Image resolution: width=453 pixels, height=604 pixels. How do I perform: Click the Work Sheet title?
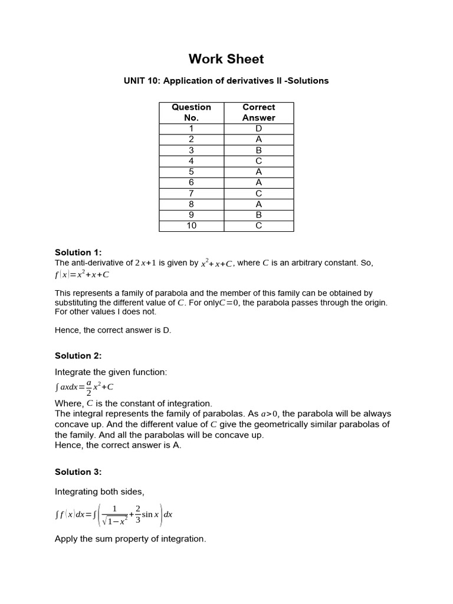pyautogui.click(x=226, y=59)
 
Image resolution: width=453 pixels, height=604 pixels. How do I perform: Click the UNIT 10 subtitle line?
pyautogui.click(x=226, y=81)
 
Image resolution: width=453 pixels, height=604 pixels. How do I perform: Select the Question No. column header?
pyautogui.click(x=191, y=112)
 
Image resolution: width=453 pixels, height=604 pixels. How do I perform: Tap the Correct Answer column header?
pyautogui.click(x=258, y=112)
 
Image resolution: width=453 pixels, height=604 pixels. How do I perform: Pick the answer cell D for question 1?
pyautogui.click(x=258, y=129)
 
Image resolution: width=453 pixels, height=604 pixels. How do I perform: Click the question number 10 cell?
pyautogui.click(x=191, y=226)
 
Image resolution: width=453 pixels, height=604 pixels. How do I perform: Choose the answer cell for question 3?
pyautogui.click(x=258, y=150)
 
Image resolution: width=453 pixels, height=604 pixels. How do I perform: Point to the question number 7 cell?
pyautogui.click(x=191, y=193)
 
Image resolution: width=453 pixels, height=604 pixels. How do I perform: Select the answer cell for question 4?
pyautogui.click(x=258, y=161)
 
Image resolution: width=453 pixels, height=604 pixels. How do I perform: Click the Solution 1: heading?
pyautogui.click(x=78, y=252)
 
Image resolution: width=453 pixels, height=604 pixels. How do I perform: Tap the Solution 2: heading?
pyautogui.click(x=78, y=356)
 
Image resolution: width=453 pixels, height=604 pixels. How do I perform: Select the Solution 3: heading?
pyautogui.click(x=78, y=472)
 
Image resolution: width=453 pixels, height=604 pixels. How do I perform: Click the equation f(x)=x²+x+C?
pyautogui.click(x=82, y=274)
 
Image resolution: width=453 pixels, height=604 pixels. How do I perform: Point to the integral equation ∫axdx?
pyautogui.click(x=84, y=387)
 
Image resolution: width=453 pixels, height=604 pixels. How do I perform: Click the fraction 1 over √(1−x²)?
pyautogui.click(x=115, y=514)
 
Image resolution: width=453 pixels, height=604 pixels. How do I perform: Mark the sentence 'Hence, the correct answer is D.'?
pyautogui.click(x=113, y=330)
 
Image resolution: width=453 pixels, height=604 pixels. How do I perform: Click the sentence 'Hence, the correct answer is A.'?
pyautogui.click(x=118, y=445)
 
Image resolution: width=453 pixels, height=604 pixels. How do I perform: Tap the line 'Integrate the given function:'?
pyautogui.click(x=111, y=372)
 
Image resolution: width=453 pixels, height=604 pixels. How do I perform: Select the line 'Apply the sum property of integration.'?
pyautogui.click(x=130, y=539)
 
